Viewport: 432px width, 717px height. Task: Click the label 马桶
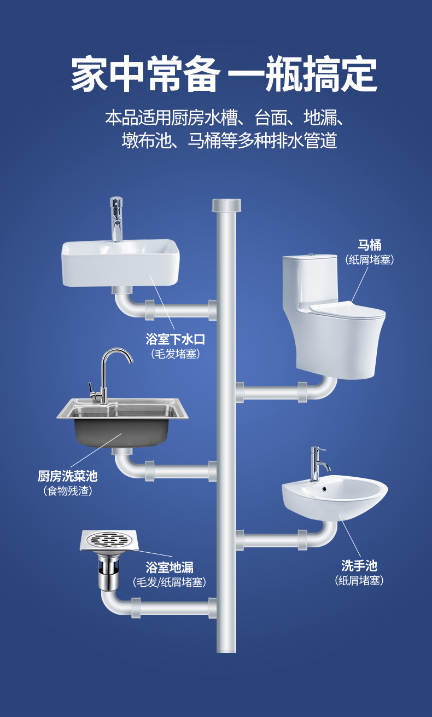369,245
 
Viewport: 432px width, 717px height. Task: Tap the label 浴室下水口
175,339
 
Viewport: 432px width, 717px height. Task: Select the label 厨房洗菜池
67,476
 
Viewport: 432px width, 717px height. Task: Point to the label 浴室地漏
170,568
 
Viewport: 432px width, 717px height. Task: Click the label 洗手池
359,566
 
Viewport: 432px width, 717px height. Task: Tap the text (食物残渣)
67,491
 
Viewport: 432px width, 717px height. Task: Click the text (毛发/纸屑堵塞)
169,582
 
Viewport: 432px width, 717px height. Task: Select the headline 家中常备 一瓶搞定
224,74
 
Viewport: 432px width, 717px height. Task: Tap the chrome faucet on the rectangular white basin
116,219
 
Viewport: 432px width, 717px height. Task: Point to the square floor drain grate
109,541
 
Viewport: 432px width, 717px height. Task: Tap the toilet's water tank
310,278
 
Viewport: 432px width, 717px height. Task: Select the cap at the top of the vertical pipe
226,205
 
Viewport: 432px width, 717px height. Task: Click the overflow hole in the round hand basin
324,489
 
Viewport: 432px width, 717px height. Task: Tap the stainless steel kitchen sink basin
122,423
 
